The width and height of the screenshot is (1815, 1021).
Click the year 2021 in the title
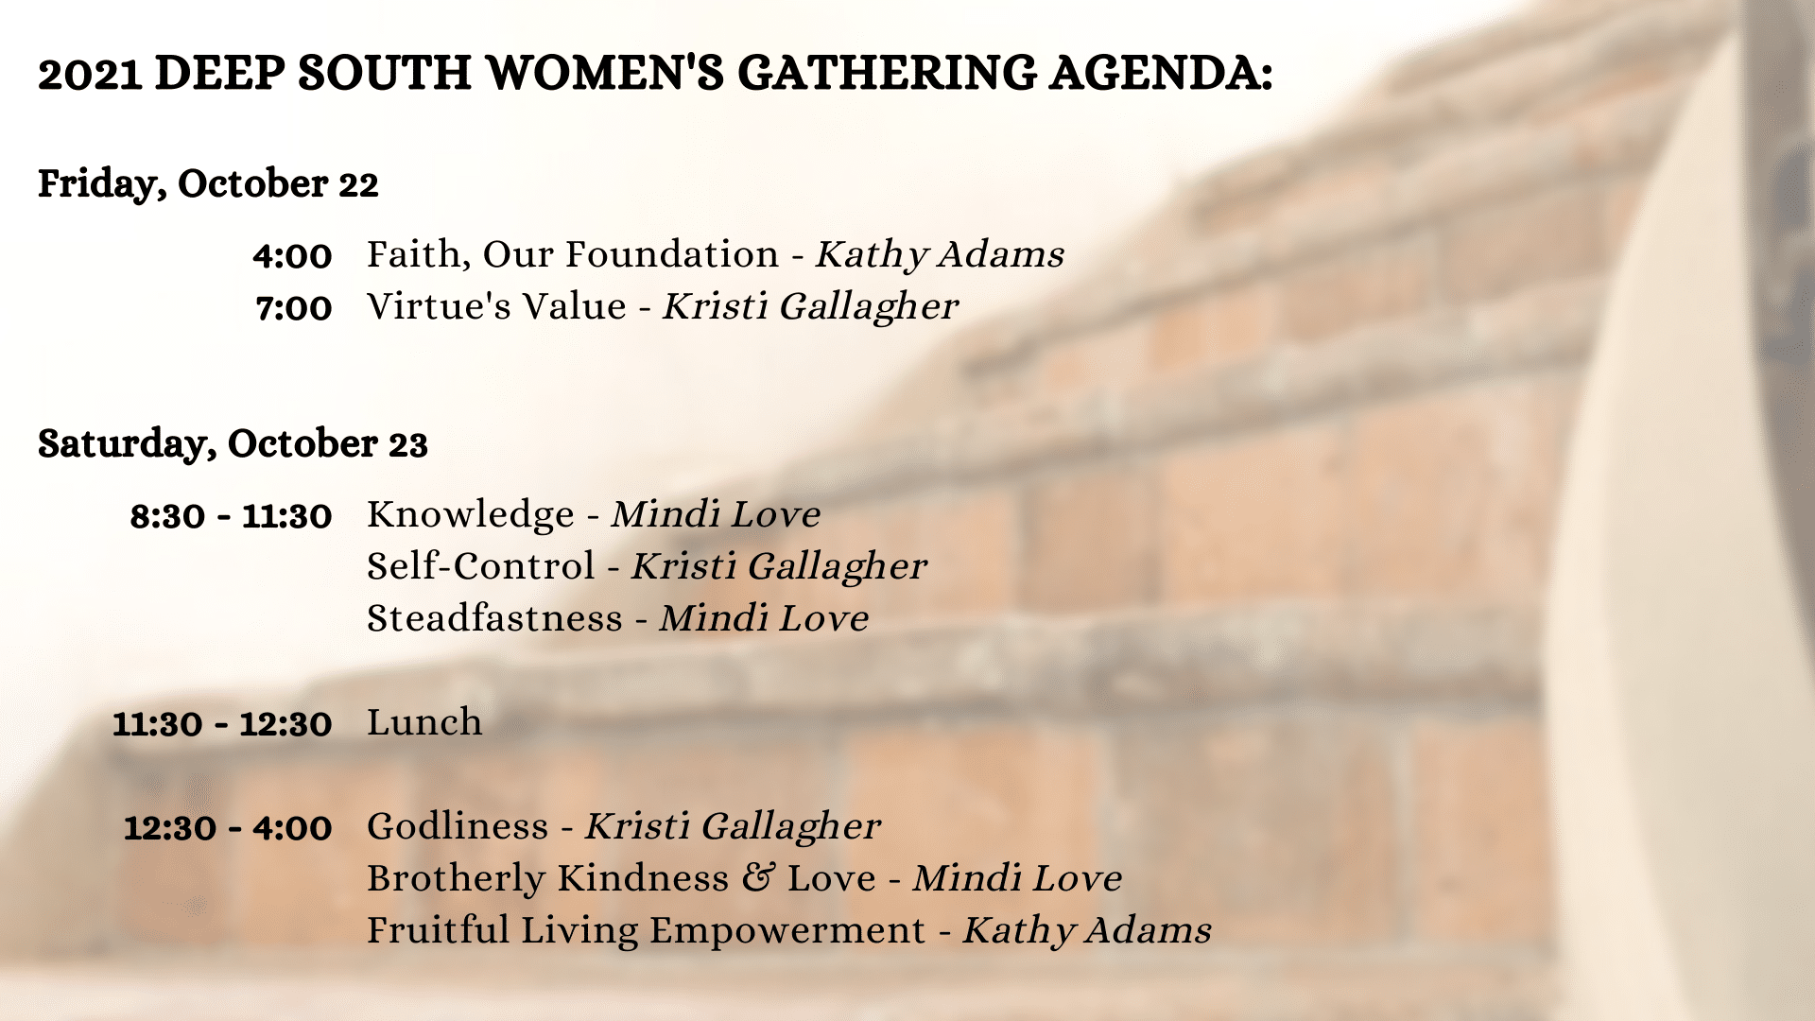(90, 74)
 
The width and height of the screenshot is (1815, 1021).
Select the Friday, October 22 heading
(208, 184)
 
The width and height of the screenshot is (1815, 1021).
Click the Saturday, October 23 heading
(233, 444)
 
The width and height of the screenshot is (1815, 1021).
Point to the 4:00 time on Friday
(293, 256)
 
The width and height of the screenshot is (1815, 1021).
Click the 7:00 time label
(294, 308)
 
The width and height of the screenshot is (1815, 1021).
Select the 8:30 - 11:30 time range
(232, 516)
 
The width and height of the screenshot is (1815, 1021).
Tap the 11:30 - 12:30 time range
(222, 724)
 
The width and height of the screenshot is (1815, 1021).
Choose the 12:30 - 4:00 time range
(228, 828)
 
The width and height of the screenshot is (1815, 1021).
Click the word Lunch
(424, 722)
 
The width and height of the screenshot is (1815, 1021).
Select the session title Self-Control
(481, 566)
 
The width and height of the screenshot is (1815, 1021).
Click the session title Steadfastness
(495, 618)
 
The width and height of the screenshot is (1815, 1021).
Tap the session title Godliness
(458, 826)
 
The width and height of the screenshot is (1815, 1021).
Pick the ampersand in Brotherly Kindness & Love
(758, 877)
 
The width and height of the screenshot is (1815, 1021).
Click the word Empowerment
(787, 931)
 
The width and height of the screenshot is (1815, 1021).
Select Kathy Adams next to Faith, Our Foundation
(941, 255)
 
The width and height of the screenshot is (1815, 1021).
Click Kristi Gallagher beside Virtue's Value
(811, 307)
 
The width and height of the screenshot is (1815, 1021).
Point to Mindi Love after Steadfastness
(765, 618)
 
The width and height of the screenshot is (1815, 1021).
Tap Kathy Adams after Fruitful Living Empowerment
(1087, 931)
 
